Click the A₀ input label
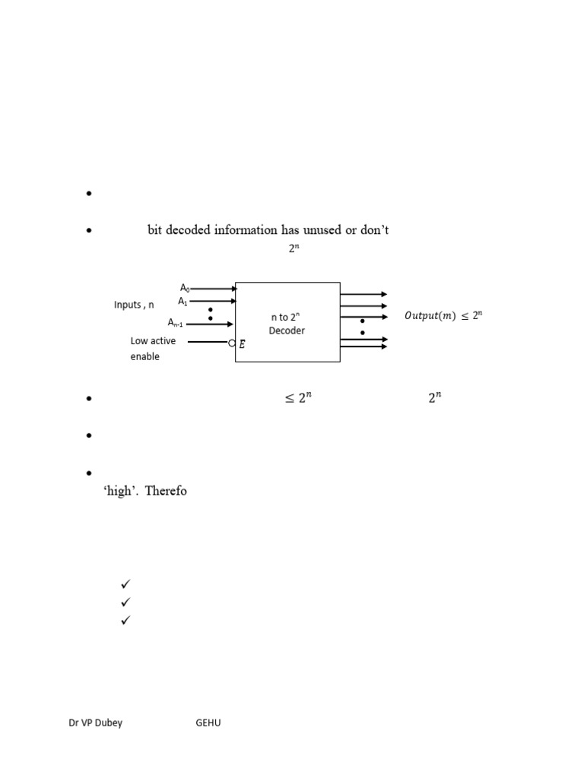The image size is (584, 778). click(185, 288)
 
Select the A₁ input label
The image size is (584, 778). click(182, 301)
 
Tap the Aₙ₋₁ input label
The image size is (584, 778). click(176, 323)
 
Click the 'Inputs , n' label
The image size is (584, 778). click(134, 305)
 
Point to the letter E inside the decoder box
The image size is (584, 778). click(242, 344)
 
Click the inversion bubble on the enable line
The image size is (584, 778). click(232, 343)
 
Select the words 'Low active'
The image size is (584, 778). click(153, 341)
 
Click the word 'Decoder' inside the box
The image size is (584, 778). click(287, 330)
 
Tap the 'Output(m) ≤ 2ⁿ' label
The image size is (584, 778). click(443, 315)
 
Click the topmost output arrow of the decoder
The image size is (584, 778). click(363, 294)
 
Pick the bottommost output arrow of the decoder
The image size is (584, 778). click(363, 346)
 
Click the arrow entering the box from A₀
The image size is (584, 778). click(214, 288)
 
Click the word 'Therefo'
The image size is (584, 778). click(166, 491)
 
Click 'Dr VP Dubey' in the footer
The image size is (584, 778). click(95, 723)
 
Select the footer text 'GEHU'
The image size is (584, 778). click(208, 723)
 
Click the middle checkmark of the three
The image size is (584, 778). click(125, 602)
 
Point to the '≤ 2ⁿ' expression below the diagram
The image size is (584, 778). click(298, 397)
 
